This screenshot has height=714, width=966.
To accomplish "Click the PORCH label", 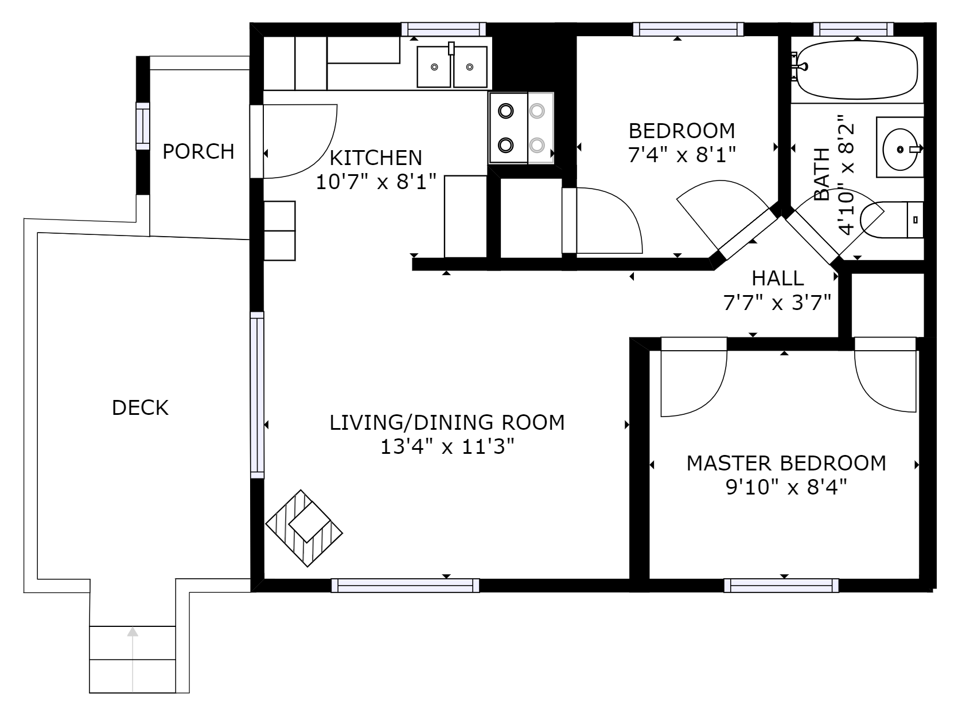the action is tap(198, 152).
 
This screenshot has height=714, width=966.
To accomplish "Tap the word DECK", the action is tap(140, 408).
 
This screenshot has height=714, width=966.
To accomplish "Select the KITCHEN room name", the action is tap(376, 157).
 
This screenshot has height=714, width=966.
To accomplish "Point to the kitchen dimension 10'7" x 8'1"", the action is tap(376, 182).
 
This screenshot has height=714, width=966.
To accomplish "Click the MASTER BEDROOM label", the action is tap(786, 463).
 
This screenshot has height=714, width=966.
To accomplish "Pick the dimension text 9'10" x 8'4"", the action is tap(786, 488).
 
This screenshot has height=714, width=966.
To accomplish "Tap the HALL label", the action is tap(777, 278).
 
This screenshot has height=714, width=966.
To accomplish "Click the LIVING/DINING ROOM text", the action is tap(447, 422).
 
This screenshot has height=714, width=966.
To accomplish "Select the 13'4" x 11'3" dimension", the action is tap(447, 447).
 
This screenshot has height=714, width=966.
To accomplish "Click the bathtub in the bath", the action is tap(856, 69).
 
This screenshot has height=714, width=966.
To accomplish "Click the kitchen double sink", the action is tap(452, 67).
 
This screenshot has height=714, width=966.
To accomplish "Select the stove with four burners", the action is tap(521, 128).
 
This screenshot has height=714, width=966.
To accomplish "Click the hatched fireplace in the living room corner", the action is tap(304, 528).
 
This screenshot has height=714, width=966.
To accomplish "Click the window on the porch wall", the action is tap(142, 126).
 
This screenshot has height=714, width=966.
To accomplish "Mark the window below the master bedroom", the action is tap(781, 585).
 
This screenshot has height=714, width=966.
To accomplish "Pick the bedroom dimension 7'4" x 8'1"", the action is tap(681, 155).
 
